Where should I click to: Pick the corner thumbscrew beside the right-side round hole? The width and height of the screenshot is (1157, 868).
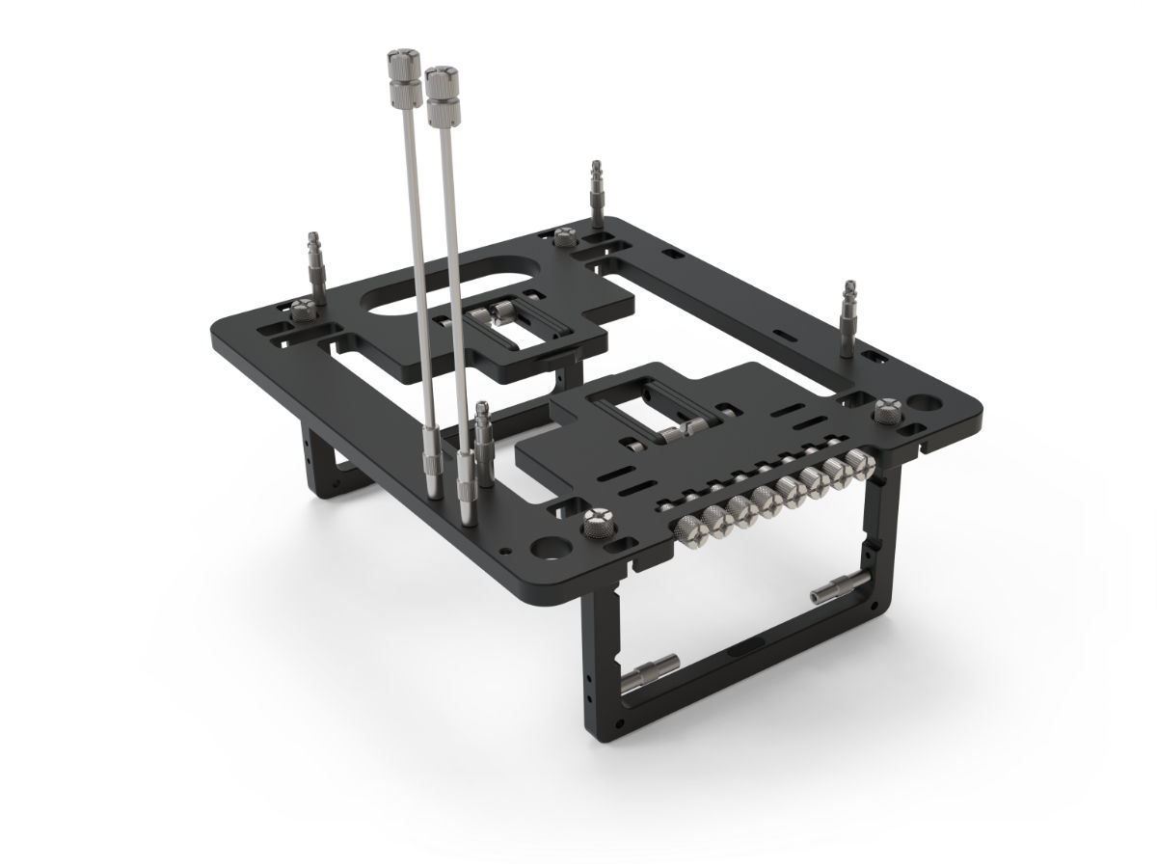click(885, 410)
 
